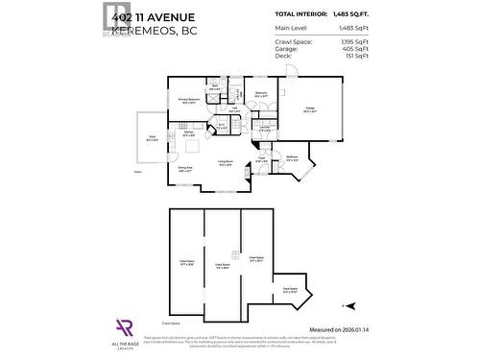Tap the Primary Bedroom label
[188, 100]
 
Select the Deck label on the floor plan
[152, 137]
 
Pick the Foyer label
[261, 160]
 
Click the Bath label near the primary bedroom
[216, 87]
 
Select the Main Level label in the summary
[291, 30]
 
